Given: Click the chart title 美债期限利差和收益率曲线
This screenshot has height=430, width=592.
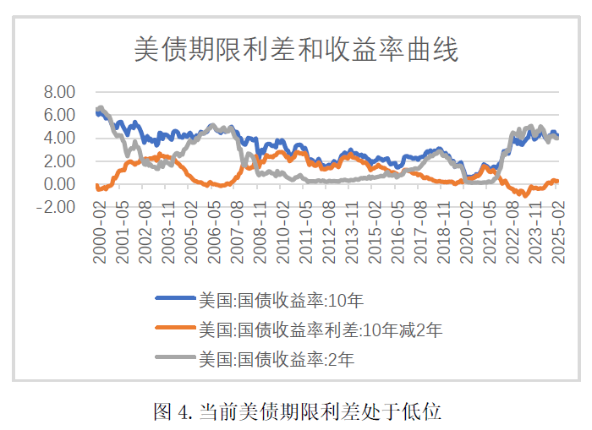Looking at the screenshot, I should click(x=296, y=50).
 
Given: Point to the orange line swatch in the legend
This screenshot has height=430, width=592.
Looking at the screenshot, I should click(x=173, y=329).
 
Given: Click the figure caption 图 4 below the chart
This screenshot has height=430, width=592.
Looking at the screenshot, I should click(x=297, y=411).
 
